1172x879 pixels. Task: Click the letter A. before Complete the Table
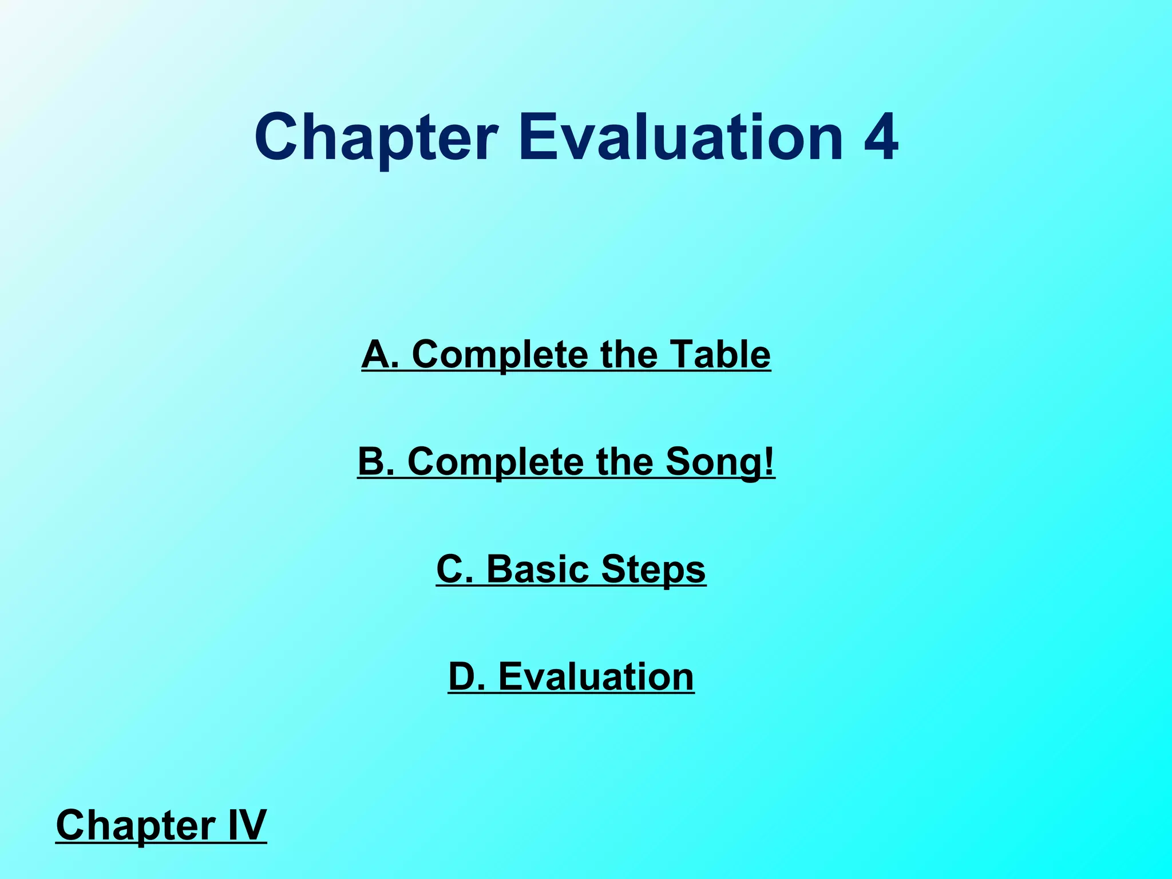pos(379,354)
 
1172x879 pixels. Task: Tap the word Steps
pos(654,570)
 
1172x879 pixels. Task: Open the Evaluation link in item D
pos(596,676)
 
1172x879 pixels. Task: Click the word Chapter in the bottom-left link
pos(134,826)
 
